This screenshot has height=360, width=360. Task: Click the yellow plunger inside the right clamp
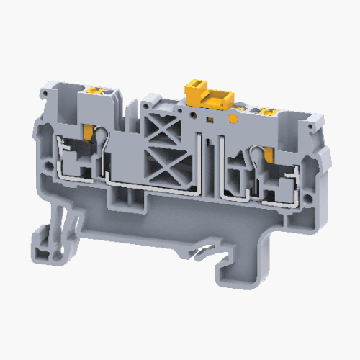270,153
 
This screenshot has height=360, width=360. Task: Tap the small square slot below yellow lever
210,117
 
